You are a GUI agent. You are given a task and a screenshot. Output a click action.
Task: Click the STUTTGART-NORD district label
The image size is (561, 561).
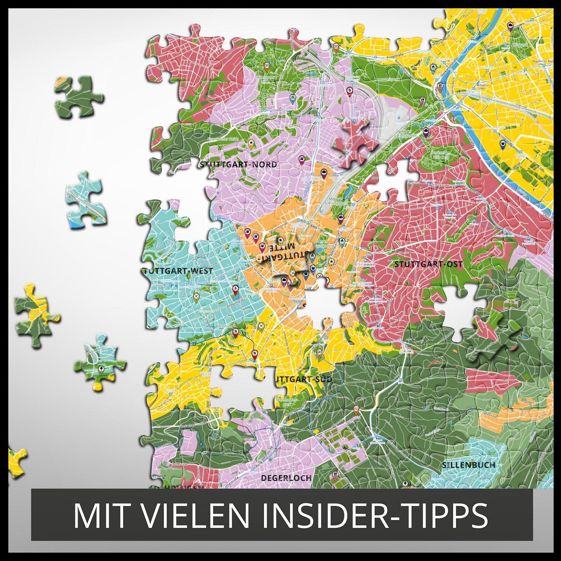[238, 164]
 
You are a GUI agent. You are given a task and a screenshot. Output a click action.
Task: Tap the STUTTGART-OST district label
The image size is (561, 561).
[428, 264]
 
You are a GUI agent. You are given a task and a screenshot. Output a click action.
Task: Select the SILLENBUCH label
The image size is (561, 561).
[468, 465]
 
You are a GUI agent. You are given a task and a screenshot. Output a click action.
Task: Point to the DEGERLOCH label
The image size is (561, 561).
[286, 478]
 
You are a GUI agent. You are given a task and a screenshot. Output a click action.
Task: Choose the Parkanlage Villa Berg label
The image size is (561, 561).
[441, 155]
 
